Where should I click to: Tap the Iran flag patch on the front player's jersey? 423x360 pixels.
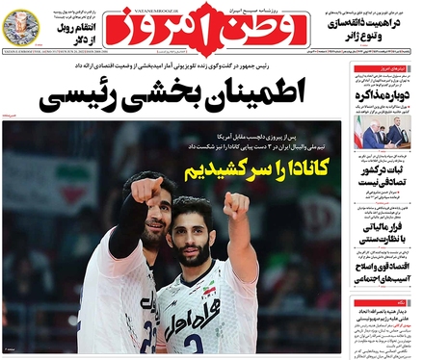[213, 290]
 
